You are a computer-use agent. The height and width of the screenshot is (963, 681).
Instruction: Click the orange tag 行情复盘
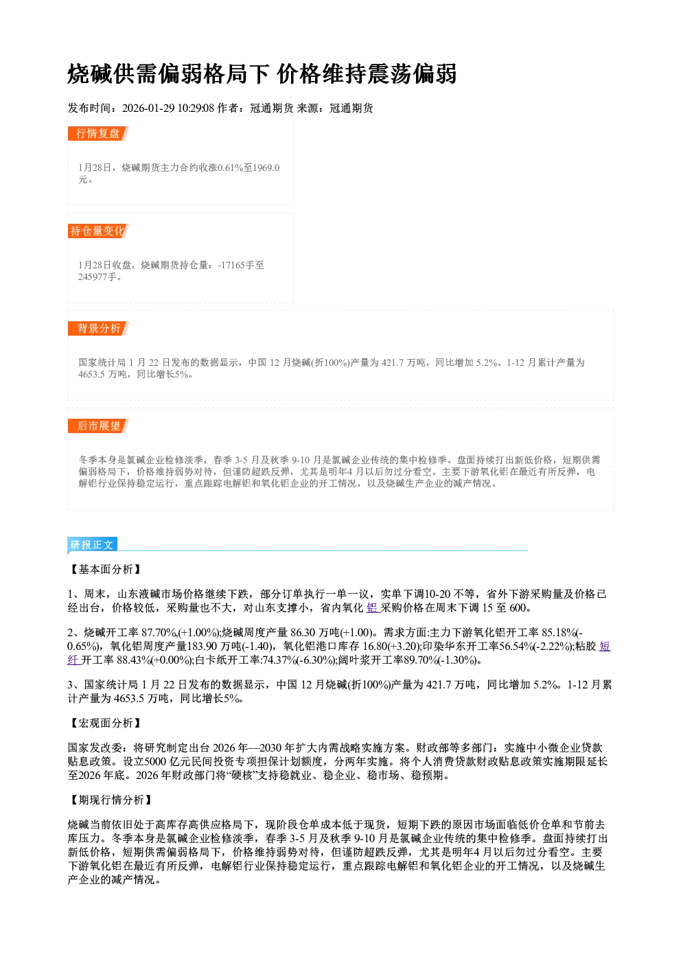[x=98, y=133]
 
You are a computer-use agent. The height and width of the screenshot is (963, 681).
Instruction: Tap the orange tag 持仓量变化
[x=98, y=231]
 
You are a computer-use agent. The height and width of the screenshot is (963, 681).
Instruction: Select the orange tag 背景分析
[x=98, y=329]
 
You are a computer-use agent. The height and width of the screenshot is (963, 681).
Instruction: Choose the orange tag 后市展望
[x=98, y=426]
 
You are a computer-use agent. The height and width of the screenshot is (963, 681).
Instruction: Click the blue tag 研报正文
[x=92, y=545]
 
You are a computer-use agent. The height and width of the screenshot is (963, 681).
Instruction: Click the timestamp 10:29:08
[x=196, y=108]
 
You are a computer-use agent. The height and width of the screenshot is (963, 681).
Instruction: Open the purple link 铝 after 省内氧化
[x=372, y=607]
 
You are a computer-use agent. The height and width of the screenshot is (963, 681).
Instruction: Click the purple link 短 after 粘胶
[x=605, y=646]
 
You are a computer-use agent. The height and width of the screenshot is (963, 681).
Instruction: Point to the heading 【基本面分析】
[x=105, y=570]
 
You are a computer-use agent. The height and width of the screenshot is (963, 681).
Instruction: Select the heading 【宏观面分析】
[x=105, y=723]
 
